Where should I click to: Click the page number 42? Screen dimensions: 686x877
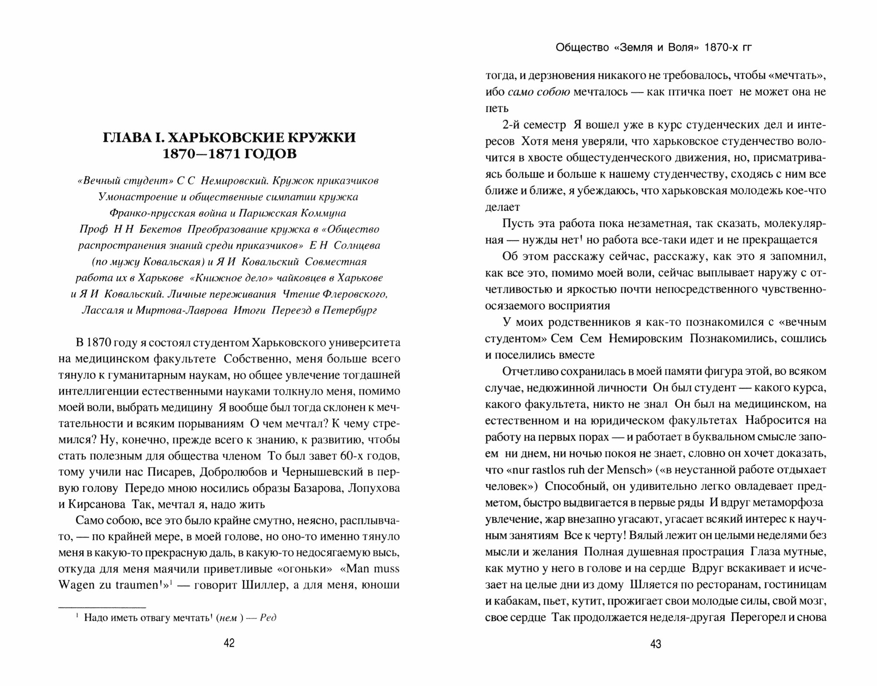tap(229, 643)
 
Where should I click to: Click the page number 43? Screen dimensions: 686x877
tap(656, 644)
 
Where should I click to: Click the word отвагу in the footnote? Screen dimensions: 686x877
tap(152, 618)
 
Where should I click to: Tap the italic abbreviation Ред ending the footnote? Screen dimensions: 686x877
tap(268, 618)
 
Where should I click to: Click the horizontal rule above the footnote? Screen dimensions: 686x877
tap(102, 608)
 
